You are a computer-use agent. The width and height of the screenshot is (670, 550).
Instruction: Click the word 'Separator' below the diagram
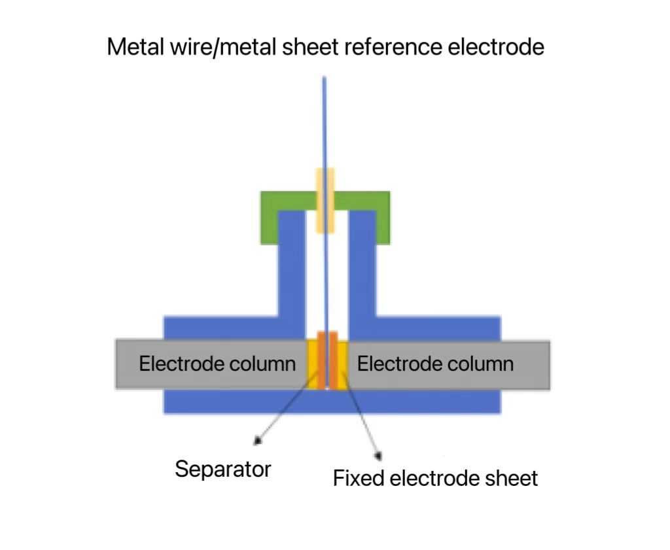point(222,468)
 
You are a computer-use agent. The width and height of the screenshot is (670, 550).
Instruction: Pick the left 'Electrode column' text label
point(217,364)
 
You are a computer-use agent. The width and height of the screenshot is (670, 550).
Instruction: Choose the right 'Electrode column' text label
point(435,364)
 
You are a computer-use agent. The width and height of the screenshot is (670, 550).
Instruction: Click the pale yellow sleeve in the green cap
point(325,200)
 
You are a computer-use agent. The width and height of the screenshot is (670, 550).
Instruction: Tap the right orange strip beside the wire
point(333,360)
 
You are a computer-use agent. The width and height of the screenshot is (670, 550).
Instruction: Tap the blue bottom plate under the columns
point(332,402)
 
